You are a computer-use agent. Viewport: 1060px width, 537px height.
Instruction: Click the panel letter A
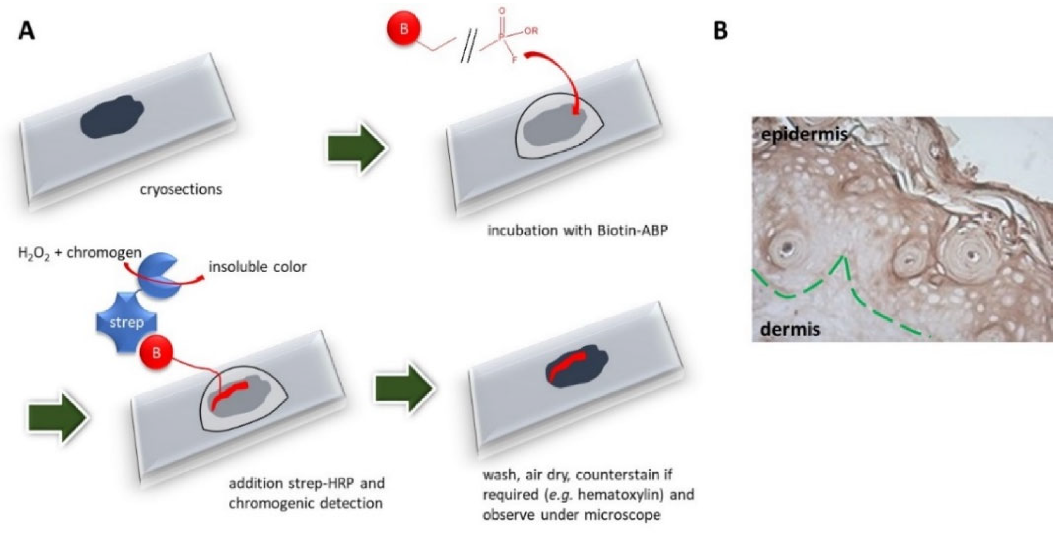[x=27, y=32]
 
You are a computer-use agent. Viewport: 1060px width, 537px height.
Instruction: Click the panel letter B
[x=720, y=32]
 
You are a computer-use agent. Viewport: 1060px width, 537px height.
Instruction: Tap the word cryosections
[x=180, y=190]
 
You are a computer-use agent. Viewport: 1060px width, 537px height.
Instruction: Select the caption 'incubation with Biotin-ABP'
[x=577, y=230]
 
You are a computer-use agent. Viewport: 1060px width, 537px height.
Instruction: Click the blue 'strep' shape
[x=126, y=323]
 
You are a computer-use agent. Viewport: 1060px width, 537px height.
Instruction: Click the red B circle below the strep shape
[x=156, y=353]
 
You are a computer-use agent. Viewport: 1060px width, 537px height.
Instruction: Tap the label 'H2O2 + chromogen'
[x=80, y=253]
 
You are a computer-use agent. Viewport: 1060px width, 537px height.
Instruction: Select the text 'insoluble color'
[x=258, y=267]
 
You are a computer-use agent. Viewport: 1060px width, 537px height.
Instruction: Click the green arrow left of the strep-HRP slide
[x=57, y=417]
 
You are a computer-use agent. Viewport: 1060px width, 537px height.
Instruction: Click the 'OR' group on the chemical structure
[x=531, y=31]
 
